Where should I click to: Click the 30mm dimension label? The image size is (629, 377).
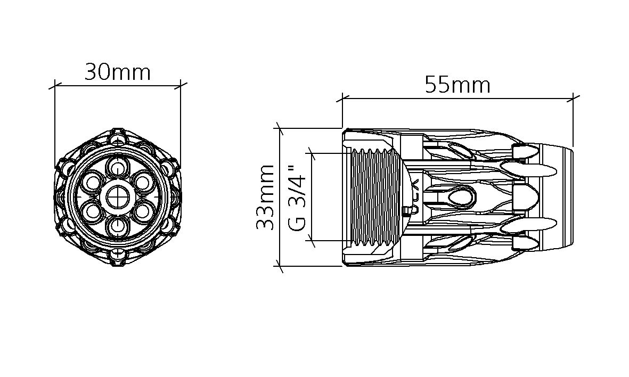click(118, 73)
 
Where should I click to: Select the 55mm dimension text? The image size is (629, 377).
click(458, 85)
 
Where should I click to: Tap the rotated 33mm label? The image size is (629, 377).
click(265, 197)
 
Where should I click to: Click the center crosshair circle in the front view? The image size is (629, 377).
click(118, 197)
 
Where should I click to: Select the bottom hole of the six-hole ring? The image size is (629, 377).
click(118, 226)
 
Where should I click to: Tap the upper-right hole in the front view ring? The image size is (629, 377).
click(142, 182)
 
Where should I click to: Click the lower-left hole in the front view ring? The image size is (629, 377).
click(93, 211)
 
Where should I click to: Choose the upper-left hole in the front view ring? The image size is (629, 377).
click(93, 182)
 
